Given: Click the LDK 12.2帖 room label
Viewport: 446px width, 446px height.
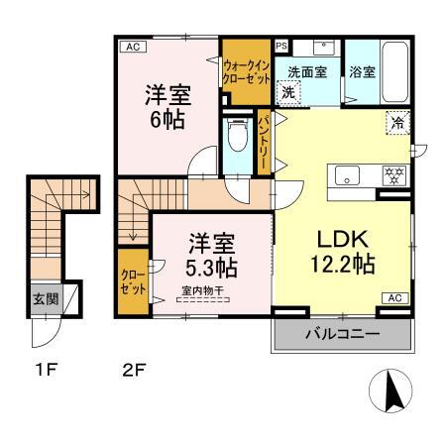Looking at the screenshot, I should (x=343, y=253).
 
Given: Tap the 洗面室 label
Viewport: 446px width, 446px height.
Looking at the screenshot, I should (x=307, y=71).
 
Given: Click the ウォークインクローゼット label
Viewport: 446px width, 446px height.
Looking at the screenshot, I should (x=246, y=68).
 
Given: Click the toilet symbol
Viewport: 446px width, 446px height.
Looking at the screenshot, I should (x=236, y=137).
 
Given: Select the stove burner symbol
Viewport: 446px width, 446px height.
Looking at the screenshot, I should (x=394, y=176).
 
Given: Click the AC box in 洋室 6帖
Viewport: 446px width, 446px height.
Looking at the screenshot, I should (x=131, y=47).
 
